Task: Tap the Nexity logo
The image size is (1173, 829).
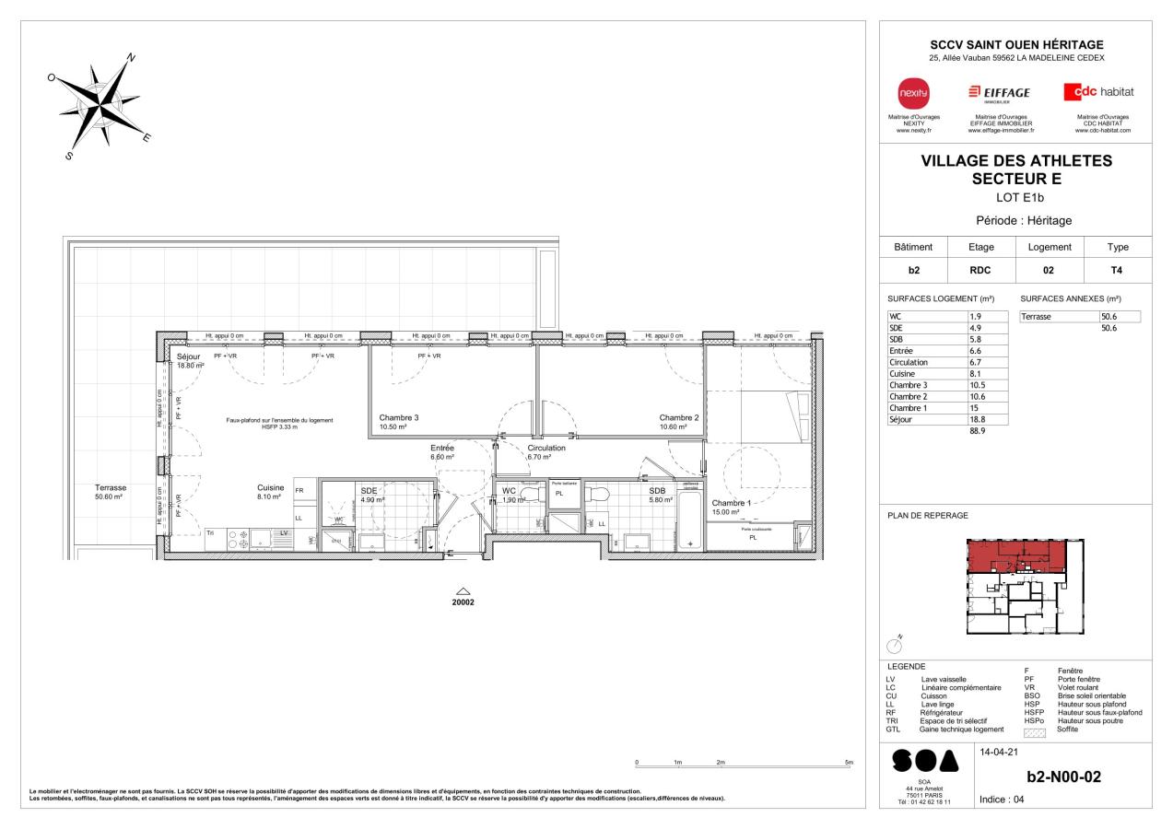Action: [914, 92]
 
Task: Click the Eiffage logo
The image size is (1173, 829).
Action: [999, 93]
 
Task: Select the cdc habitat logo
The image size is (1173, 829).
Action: [1098, 92]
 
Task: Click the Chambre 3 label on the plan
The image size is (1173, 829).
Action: [399, 417]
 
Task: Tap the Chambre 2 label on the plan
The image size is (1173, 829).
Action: [678, 417]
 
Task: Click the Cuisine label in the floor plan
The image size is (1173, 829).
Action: [270, 488]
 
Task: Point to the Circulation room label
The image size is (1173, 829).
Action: [545, 448]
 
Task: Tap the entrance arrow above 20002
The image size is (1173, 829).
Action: [463, 591]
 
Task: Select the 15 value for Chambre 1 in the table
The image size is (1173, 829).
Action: [989, 407]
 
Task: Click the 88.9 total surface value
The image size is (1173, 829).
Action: [992, 430]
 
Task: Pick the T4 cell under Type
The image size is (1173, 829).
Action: [1116, 272]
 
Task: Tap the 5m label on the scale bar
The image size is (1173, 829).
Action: [849, 764]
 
